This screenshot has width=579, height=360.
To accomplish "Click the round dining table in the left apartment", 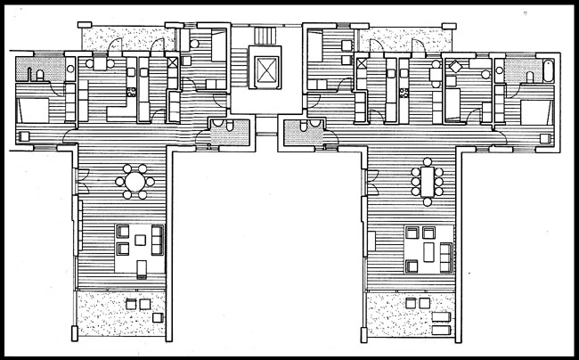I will (134, 184).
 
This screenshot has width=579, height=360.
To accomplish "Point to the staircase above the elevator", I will (265, 37).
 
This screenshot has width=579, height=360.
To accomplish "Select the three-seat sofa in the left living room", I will (159, 239).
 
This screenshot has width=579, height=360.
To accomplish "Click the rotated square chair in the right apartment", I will (454, 66).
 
